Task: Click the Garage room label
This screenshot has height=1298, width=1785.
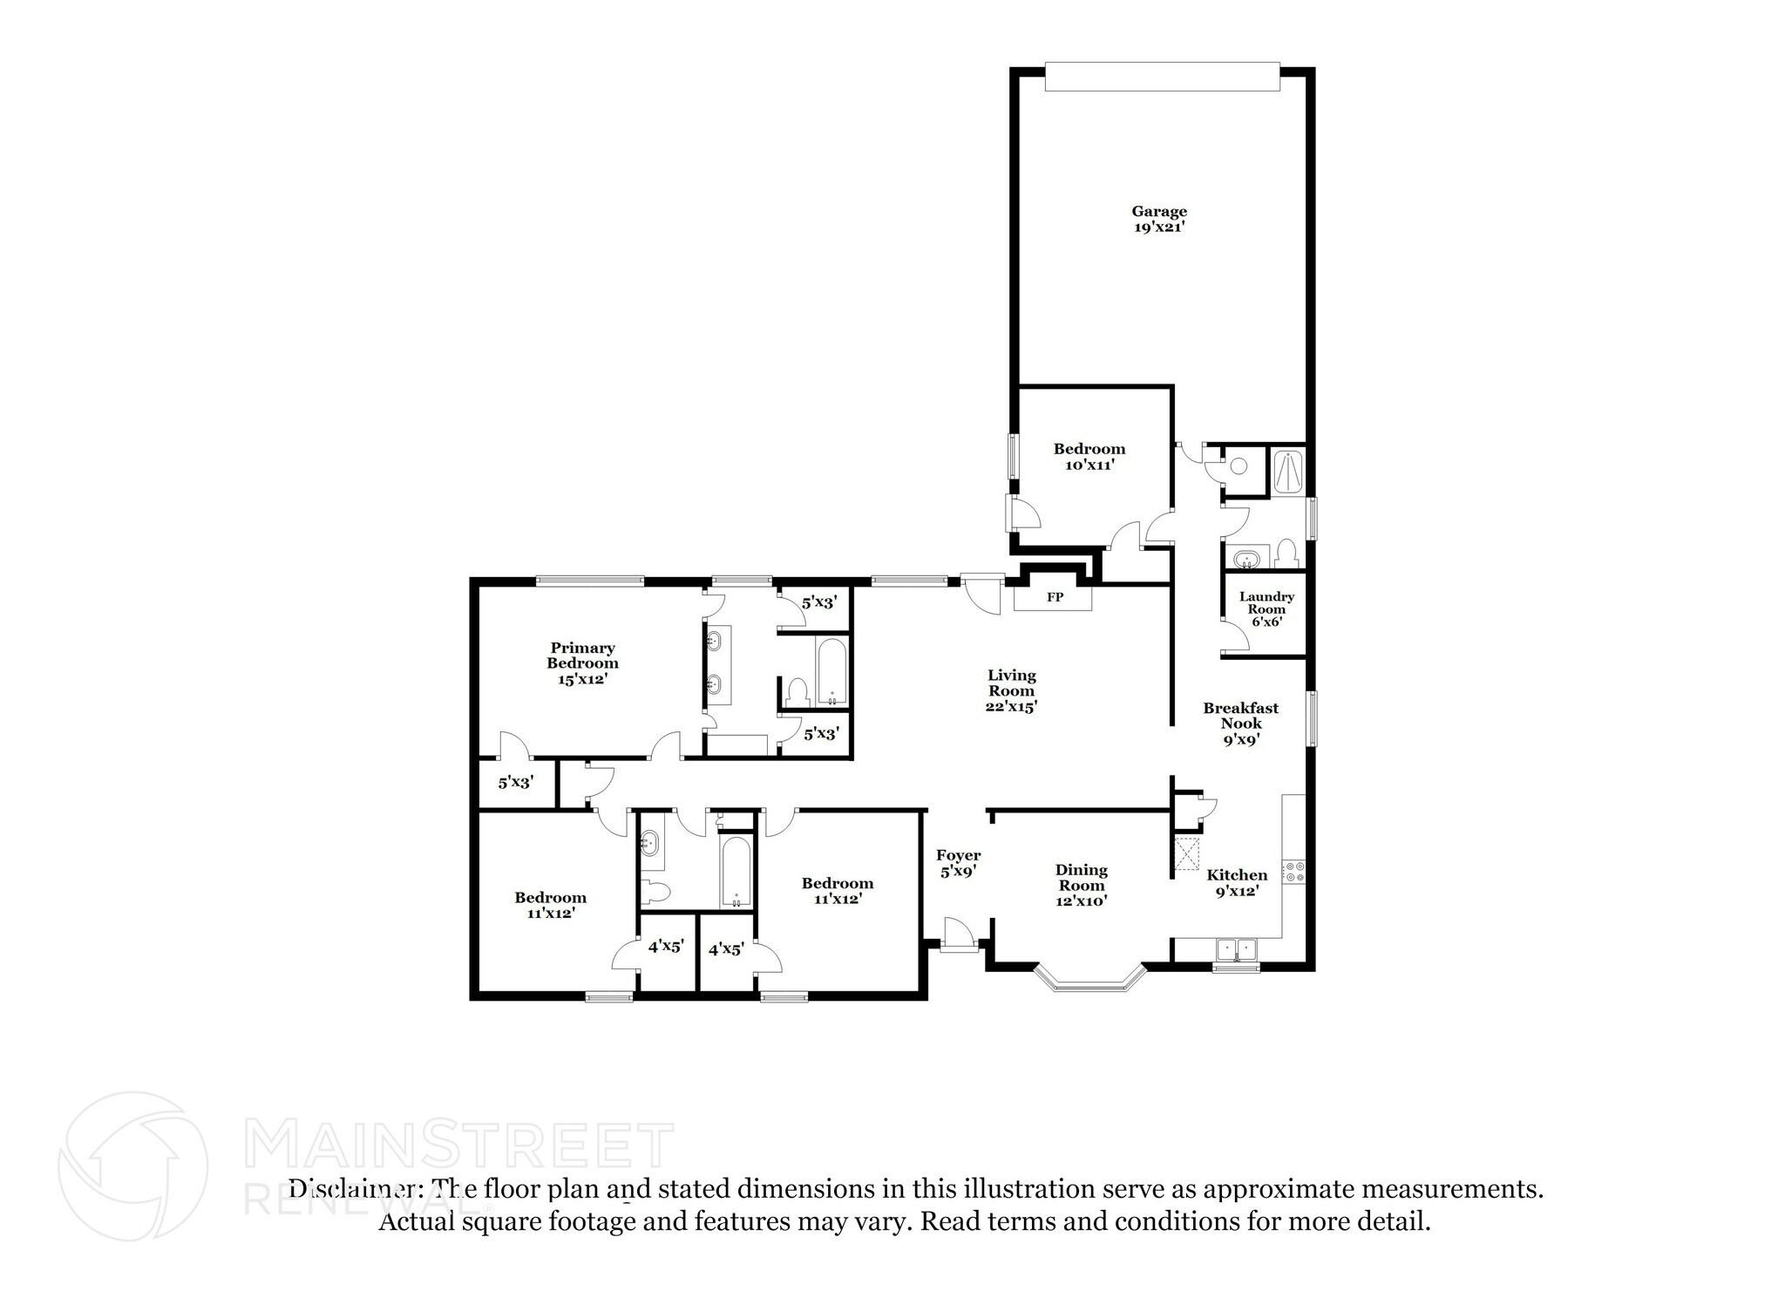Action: pos(1158,212)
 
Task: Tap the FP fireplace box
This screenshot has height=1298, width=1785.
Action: pos(1054,598)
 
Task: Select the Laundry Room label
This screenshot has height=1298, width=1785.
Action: pos(1266,603)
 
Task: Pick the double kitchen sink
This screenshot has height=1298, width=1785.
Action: pos(1236,949)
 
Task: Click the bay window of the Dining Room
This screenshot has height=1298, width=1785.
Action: pos(1089,980)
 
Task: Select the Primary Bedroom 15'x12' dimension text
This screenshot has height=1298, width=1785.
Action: pos(581,679)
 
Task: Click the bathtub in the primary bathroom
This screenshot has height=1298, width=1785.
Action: pos(831,673)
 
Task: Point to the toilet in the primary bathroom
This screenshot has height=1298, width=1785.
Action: pos(797,693)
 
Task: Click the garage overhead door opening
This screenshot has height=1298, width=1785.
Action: pos(1162,76)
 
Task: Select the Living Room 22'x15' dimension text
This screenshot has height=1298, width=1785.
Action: pos(1011,707)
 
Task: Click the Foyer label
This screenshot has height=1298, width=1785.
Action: pos(958,855)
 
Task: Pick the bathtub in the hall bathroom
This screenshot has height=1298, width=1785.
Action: pos(736,873)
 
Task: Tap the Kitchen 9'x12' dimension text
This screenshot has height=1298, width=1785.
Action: pos(1237,891)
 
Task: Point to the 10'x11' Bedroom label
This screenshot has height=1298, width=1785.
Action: pos(1089,449)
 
